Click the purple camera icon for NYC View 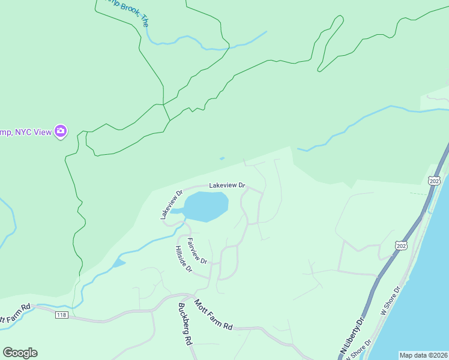[60, 131]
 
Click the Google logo [20, 353]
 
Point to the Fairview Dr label [197, 252]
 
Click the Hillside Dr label [183, 259]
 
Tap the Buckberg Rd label [184, 323]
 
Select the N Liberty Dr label [352, 336]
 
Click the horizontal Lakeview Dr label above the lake [228, 186]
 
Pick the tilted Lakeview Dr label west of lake [171, 205]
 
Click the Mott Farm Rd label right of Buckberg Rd [212, 316]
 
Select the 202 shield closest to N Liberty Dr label [400, 245]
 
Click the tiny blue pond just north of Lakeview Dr [222, 158]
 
